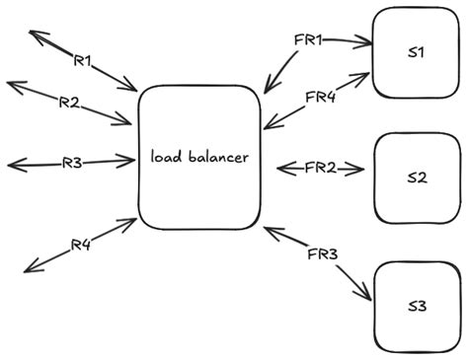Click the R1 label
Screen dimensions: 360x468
(83, 61)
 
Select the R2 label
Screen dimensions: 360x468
(68, 102)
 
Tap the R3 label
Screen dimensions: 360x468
(71, 163)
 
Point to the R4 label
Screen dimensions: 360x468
(81, 245)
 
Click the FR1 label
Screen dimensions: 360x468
(309, 39)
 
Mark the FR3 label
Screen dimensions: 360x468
(322, 255)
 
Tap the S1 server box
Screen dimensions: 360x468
(415, 53)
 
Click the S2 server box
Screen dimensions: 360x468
(417, 178)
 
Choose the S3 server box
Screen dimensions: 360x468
(417, 306)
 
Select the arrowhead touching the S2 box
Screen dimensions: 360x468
(365, 169)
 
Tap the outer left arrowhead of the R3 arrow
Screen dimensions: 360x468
(10, 164)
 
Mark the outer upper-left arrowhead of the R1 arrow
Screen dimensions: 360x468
(32, 33)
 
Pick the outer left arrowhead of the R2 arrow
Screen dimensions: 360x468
(10, 84)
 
